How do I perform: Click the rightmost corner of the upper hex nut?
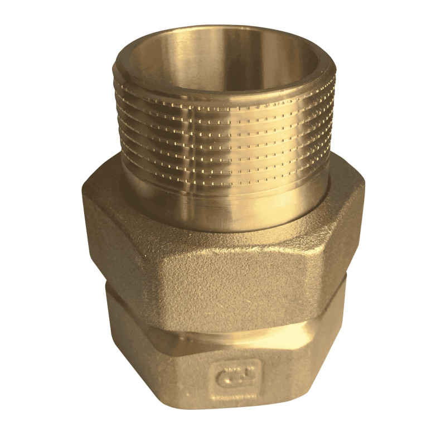coord(363,223)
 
